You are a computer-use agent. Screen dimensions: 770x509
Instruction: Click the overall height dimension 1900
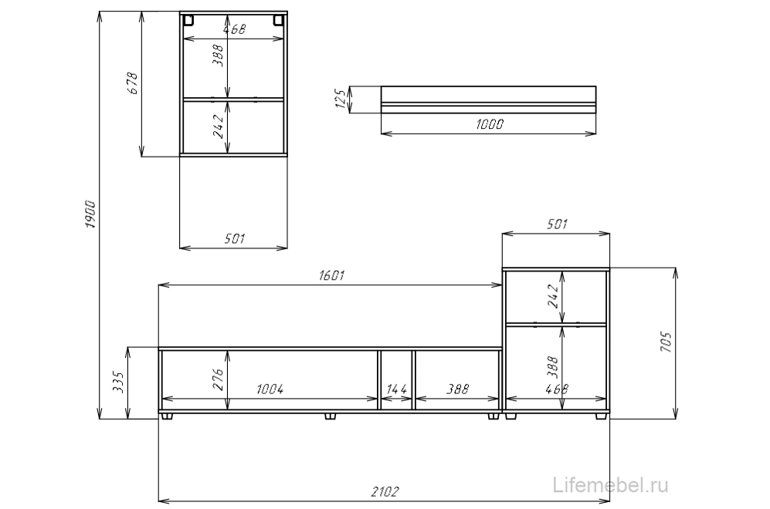[x=91, y=214]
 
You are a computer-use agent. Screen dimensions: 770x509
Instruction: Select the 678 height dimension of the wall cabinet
[x=133, y=83]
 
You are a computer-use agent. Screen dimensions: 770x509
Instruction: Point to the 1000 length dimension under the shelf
[x=490, y=124]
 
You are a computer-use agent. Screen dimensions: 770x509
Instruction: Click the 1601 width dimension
[x=331, y=275]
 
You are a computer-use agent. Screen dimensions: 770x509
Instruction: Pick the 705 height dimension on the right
[x=666, y=342]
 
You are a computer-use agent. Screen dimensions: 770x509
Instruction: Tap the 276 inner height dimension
[x=218, y=379]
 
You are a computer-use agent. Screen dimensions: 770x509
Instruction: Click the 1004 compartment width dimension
[x=270, y=389]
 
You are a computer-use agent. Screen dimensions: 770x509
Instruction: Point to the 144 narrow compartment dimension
[x=397, y=389]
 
